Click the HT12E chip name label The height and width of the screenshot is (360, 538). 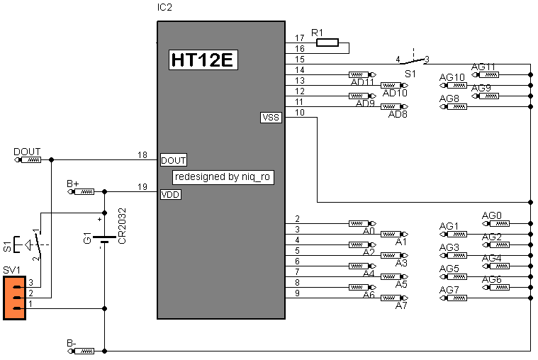point(202,60)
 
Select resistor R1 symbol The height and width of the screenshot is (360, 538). point(327,43)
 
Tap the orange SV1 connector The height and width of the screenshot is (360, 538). point(15,298)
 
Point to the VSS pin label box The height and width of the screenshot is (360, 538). point(271,118)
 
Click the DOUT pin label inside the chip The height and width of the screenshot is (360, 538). point(174,159)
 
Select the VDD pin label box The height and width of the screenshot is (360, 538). point(170,194)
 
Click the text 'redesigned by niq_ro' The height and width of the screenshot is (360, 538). point(223,176)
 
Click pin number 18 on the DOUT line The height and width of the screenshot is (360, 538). point(142,154)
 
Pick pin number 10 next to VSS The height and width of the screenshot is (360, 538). point(300,113)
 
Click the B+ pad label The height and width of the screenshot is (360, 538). point(73,184)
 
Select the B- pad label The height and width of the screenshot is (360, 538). point(72,343)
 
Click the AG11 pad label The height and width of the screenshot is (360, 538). point(483,67)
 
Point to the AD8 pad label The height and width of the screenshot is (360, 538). point(398,115)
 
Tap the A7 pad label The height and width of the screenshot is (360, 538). point(401,305)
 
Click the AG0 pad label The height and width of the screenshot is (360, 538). point(491,215)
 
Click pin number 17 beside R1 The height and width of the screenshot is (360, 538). point(300,38)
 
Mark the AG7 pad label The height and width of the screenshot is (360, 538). point(449,290)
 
